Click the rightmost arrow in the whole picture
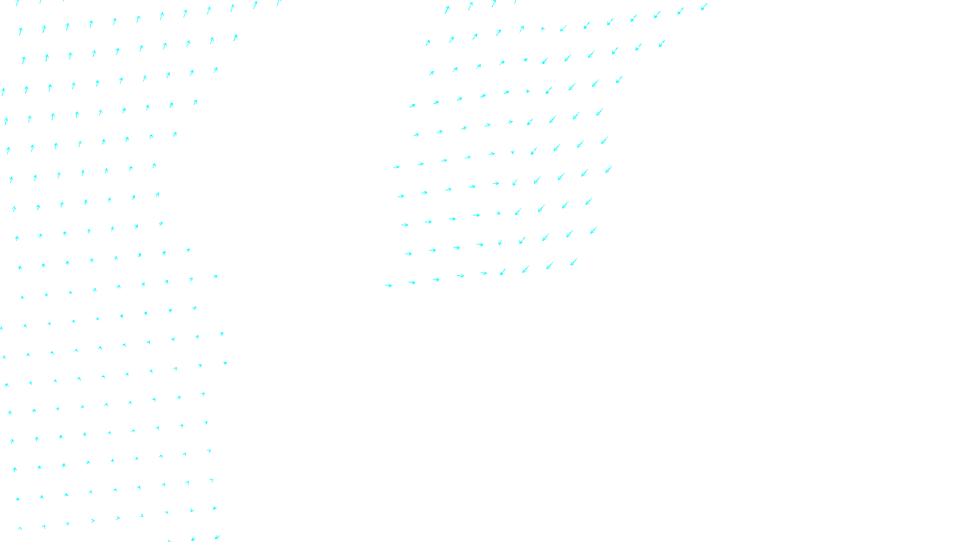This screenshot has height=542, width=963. (704, 7)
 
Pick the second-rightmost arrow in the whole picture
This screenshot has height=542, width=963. (681, 10)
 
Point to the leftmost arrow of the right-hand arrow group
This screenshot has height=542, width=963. (388, 285)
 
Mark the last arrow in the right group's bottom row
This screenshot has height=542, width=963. (574, 262)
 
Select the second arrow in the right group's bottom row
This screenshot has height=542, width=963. (412, 282)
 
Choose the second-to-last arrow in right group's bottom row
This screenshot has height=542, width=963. (550, 266)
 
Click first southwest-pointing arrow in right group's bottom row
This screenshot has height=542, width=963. (503, 272)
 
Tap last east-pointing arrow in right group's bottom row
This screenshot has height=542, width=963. (484, 273)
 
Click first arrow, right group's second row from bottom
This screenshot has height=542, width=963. (408, 254)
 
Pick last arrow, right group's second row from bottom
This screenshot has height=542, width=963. (593, 230)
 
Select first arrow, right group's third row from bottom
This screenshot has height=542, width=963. (404, 225)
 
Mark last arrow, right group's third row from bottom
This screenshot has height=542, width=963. (589, 201)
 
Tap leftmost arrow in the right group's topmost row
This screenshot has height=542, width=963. (447, 10)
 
